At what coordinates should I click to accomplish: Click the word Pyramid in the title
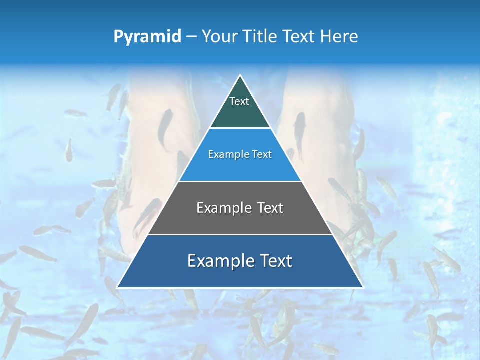point(147,37)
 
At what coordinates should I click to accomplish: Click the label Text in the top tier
point(239,102)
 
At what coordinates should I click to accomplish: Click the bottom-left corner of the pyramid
point(117,287)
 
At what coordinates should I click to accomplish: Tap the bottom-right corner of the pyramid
point(363,287)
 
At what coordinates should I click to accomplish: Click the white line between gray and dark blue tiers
point(240,234)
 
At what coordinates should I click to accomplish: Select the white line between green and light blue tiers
point(240,128)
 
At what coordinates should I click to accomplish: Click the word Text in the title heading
point(299,37)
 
